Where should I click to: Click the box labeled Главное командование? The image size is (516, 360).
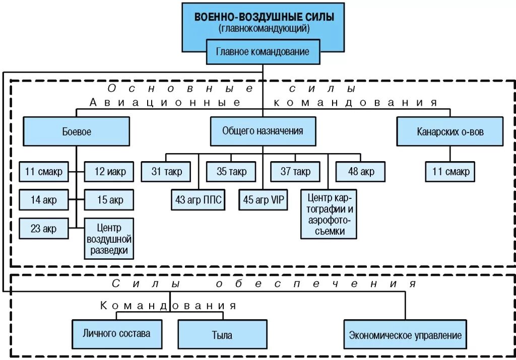point(263,52)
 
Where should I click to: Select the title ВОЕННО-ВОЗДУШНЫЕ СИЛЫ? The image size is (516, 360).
point(264,17)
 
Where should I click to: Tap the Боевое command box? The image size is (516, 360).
point(76,131)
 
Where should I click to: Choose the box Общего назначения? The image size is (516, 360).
point(263,131)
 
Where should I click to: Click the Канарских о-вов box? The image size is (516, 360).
point(449,131)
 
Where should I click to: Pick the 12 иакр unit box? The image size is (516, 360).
point(109,172)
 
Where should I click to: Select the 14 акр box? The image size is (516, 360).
point(44,200)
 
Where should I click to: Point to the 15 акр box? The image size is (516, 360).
point(109,200)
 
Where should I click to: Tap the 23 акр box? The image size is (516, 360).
point(44,229)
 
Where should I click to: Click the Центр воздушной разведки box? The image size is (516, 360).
point(109,238)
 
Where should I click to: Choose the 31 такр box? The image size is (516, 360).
point(166,172)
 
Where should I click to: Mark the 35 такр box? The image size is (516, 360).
point(231,172)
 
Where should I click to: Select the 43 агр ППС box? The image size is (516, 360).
point(198,200)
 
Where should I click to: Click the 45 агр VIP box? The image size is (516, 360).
point(264,200)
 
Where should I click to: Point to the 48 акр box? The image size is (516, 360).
point(360,172)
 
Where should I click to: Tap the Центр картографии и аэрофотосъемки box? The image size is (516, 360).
point(329,214)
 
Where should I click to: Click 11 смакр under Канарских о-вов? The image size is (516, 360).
point(450,172)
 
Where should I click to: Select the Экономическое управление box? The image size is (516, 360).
point(405,335)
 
